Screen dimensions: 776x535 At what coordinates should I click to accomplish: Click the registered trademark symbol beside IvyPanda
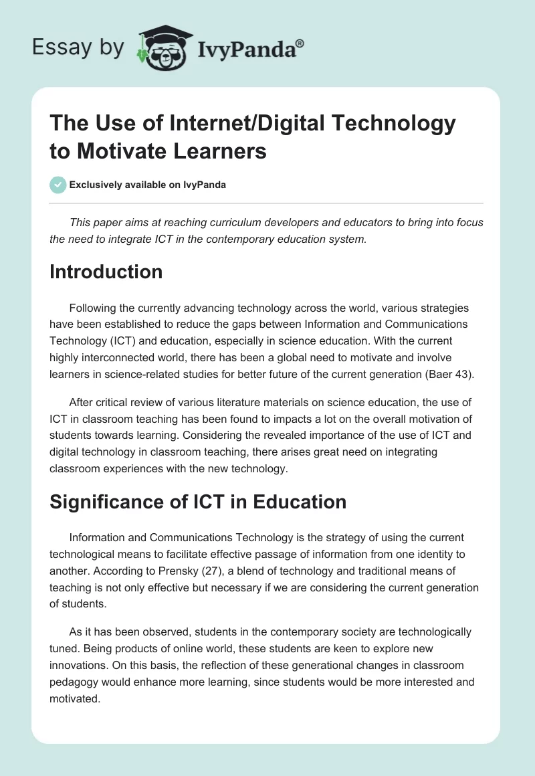(x=300, y=43)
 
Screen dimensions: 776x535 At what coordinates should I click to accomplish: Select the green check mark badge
(x=58, y=185)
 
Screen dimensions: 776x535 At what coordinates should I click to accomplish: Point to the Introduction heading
(x=106, y=272)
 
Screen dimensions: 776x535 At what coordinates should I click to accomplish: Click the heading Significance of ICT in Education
(x=198, y=502)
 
